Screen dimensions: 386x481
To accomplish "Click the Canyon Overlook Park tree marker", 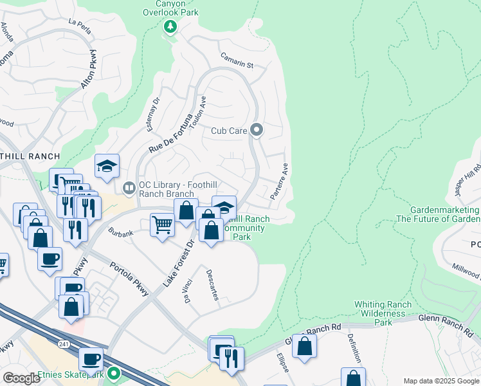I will click(170, 27).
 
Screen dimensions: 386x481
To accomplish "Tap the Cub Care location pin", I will click(257, 131).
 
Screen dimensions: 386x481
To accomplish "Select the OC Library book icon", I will click(129, 188).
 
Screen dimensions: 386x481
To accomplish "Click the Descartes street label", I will click(213, 284).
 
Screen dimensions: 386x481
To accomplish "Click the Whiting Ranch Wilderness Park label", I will click(383, 313).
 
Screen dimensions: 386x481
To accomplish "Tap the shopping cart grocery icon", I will click(162, 225).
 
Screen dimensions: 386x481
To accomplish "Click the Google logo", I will click(21, 378).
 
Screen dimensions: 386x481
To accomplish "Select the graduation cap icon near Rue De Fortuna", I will click(107, 166).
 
